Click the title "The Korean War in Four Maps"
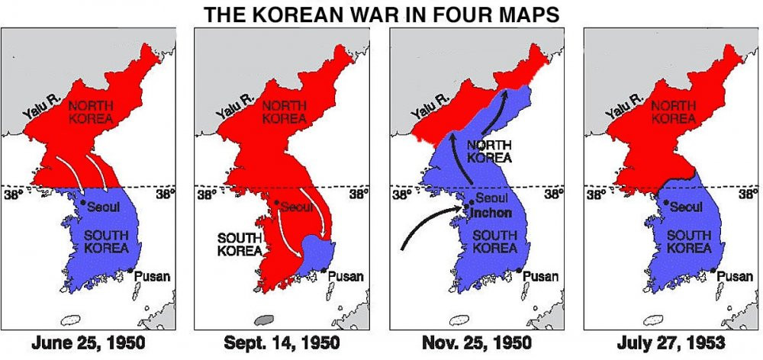tap(381, 13)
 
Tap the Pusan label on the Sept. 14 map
tap(346, 276)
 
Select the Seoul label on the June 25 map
tap(103, 207)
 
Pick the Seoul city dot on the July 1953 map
tap(666, 202)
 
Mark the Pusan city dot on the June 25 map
tap(131, 270)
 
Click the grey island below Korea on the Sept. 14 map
tap(265, 320)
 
